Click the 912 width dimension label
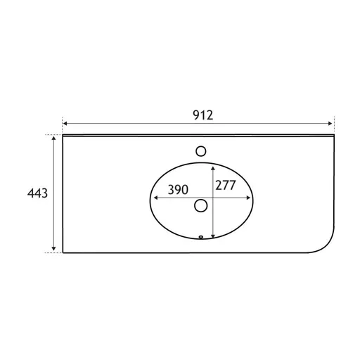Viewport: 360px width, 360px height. click(x=203, y=115)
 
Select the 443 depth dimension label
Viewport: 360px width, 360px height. click(x=37, y=193)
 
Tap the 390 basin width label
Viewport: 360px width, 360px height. click(x=178, y=190)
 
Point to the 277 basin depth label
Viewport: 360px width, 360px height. click(x=226, y=185)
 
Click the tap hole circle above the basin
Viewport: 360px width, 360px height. click(x=201, y=151)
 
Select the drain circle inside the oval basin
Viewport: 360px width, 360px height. click(x=201, y=205)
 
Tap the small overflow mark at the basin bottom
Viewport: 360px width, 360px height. click(x=201, y=237)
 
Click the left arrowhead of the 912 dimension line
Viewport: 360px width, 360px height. click(x=65, y=124)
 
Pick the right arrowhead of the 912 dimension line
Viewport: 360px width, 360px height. click(x=330, y=124)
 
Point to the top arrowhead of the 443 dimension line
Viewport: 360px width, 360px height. click(x=54, y=138)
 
